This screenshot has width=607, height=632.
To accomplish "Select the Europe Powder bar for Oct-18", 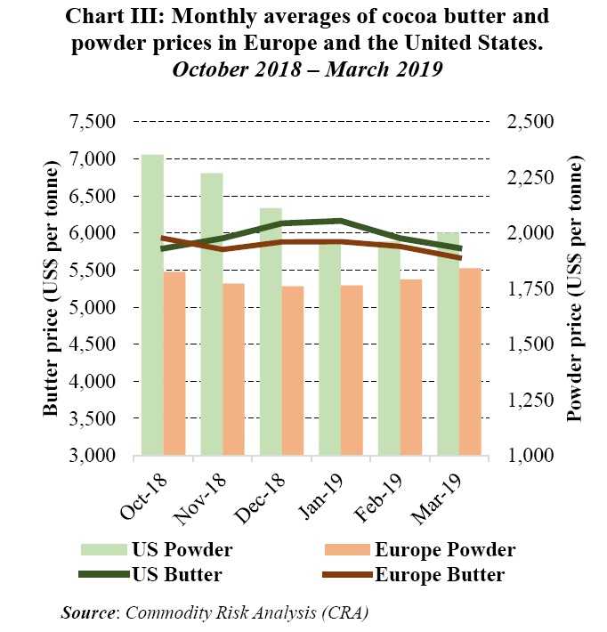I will tap(174, 363).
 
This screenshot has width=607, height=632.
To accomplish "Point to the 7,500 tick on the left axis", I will tap(92, 122).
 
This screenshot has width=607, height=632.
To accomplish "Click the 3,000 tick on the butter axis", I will tap(92, 456).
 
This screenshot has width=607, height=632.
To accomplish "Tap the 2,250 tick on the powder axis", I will tap(530, 178).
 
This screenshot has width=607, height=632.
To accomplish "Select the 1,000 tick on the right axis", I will tap(530, 456).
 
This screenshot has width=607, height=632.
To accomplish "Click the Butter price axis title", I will tap(51, 289).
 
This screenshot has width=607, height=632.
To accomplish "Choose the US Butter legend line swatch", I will tap(99, 574).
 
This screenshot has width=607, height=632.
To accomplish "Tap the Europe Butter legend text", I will tap(440, 574).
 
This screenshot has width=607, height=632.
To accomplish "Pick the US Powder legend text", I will tap(182, 549).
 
